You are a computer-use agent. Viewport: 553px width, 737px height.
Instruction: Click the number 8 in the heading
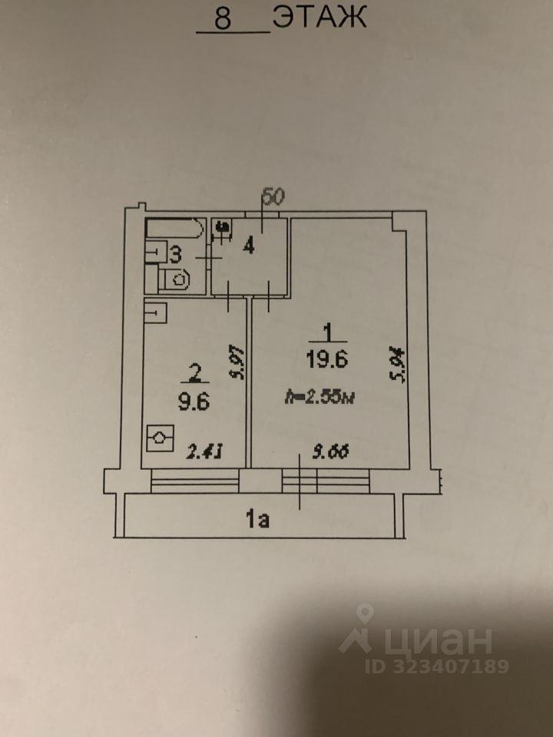pos(224,18)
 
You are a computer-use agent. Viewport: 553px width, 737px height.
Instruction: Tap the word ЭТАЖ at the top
pos(320,17)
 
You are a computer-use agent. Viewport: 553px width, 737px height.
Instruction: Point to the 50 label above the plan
pos(273,196)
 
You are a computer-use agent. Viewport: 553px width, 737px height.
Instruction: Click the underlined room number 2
pos(195,373)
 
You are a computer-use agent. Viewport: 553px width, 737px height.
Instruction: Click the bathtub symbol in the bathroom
pos(174,229)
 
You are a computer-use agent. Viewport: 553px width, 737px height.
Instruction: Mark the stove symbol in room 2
pos(158,441)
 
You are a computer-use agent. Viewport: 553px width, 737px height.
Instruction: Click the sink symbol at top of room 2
pos(155,312)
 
